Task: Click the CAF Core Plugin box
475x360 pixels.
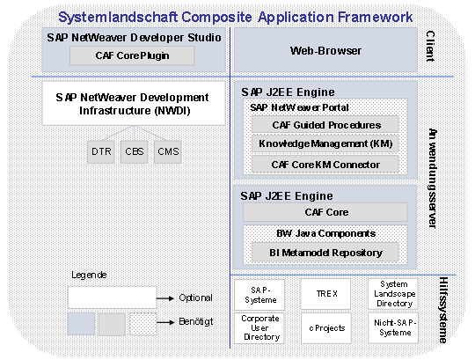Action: (x=132, y=55)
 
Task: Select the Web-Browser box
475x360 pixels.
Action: (x=325, y=50)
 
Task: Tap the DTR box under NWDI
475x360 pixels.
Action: (x=101, y=151)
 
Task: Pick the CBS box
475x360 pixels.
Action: (x=135, y=151)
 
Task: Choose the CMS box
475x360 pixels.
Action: (x=168, y=151)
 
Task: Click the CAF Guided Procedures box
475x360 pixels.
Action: (x=325, y=124)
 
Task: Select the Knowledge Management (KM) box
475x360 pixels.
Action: (x=325, y=143)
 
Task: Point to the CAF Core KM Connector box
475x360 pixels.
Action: (x=325, y=165)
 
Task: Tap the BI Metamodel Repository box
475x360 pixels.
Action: (x=325, y=253)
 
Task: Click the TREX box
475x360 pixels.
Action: (x=326, y=294)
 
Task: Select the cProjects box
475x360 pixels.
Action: (x=326, y=328)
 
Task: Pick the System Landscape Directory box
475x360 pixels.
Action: (x=393, y=294)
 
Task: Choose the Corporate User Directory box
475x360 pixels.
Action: (x=259, y=328)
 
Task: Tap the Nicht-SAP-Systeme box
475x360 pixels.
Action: (x=393, y=328)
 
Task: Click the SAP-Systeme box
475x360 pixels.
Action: (x=259, y=295)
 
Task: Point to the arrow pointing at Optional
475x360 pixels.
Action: (x=165, y=298)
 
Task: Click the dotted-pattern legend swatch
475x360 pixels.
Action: (x=143, y=324)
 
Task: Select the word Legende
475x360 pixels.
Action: (x=89, y=275)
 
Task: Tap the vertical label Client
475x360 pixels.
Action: (x=430, y=46)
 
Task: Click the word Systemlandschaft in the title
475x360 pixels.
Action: (x=118, y=17)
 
